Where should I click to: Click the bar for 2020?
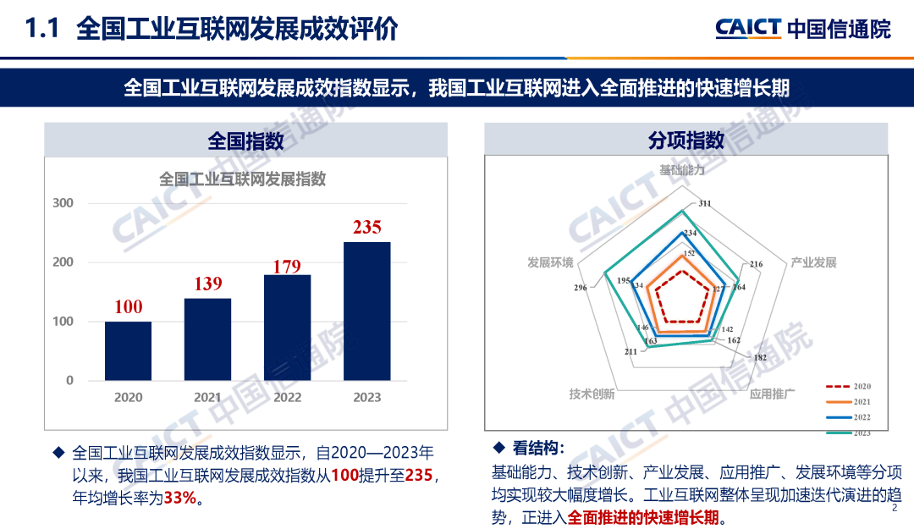[128, 350]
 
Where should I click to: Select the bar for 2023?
[366, 311]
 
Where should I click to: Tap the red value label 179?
[287, 267]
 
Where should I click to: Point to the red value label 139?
[207, 284]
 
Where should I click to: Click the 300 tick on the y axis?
[63, 203]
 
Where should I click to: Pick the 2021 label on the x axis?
[207, 397]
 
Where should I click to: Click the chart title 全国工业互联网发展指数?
[243, 179]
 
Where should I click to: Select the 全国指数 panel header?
[245, 141]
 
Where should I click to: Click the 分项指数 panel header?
[686, 141]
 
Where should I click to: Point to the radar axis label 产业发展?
[813, 262]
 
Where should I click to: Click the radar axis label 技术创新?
[592, 394]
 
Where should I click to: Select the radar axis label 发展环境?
[550, 262]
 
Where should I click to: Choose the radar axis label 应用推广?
[773, 394]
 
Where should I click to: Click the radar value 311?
[705, 204]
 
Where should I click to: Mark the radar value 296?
[580, 288]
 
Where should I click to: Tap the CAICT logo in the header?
[747, 29]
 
